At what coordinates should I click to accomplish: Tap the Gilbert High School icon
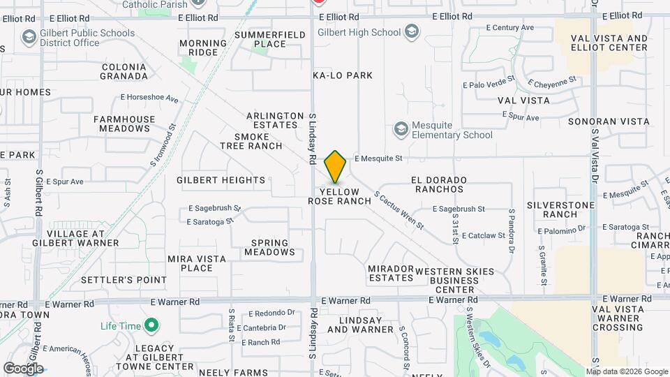click(412, 32)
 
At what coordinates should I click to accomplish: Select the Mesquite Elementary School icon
click(401, 128)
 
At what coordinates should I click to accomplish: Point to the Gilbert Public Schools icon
click(29, 36)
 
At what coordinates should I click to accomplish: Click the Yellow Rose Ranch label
click(340, 196)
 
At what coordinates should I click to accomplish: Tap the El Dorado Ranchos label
click(439, 184)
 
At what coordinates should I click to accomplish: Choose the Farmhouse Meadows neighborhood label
click(124, 124)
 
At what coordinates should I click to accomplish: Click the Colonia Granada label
click(124, 71)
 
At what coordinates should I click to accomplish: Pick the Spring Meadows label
click(269, 247)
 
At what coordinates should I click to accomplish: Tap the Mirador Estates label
click(391, 273)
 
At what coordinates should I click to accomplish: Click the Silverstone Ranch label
click(560, 209)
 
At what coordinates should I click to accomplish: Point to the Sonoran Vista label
click(609, 121)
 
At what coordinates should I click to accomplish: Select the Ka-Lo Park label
click(343, 75)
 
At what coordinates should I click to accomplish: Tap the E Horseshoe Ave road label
click(149, 98)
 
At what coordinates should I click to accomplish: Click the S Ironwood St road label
click(162, 146)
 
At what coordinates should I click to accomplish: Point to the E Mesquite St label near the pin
click(378, 158)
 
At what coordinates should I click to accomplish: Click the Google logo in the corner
click(23, 368)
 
